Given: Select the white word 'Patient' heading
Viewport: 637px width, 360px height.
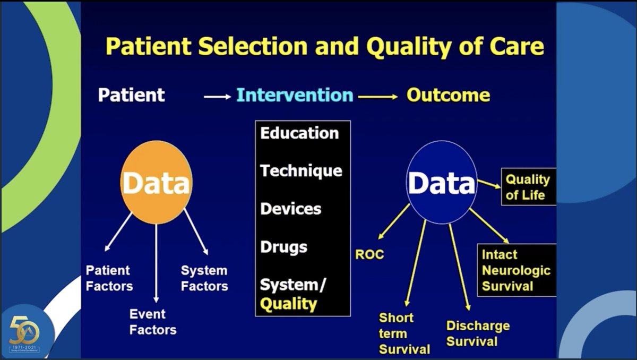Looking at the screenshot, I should (131, 96).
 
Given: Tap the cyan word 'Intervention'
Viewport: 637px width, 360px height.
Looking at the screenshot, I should (295, 96).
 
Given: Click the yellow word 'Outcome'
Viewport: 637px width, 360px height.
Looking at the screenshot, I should (448, 96).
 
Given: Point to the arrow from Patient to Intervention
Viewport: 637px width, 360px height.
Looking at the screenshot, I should (218, 97).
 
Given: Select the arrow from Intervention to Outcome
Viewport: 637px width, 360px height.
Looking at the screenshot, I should (378, 97).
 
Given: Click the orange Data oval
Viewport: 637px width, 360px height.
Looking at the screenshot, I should (156, 182).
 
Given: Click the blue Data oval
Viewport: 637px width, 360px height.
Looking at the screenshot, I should (441, 182).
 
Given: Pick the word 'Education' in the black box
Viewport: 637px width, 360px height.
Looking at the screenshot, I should (299, 133).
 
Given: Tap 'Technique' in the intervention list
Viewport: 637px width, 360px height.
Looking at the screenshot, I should (301, 171).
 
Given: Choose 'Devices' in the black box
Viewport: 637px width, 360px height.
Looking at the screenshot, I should (290, 209).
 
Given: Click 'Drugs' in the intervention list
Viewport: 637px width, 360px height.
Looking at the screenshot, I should (283, 247).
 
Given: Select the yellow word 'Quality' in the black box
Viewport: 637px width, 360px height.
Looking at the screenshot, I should (288, 304).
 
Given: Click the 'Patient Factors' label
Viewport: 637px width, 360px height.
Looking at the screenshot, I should (109, 278).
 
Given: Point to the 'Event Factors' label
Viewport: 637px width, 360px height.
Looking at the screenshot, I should (152, 322).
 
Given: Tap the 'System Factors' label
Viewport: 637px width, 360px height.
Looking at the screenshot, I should (204, 278).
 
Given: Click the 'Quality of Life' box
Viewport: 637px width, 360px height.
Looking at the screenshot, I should (527, 187).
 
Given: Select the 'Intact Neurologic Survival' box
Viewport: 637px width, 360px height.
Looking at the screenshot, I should (516, 270).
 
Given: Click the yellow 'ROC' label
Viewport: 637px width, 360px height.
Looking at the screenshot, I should (369, 255).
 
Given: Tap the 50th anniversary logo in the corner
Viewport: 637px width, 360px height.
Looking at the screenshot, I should (24, 332).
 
